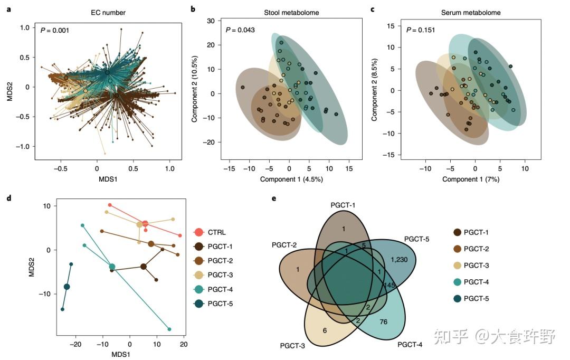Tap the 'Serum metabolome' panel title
coord(465,12)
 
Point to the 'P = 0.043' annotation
coord(240,30)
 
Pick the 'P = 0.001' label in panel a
coord(54,30)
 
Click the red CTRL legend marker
coord(199,232)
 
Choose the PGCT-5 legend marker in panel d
coord(199,304)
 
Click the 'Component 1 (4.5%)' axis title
coord(291,179)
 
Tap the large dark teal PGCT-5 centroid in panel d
coord(66,287)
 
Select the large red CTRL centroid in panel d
coord(145,224)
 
